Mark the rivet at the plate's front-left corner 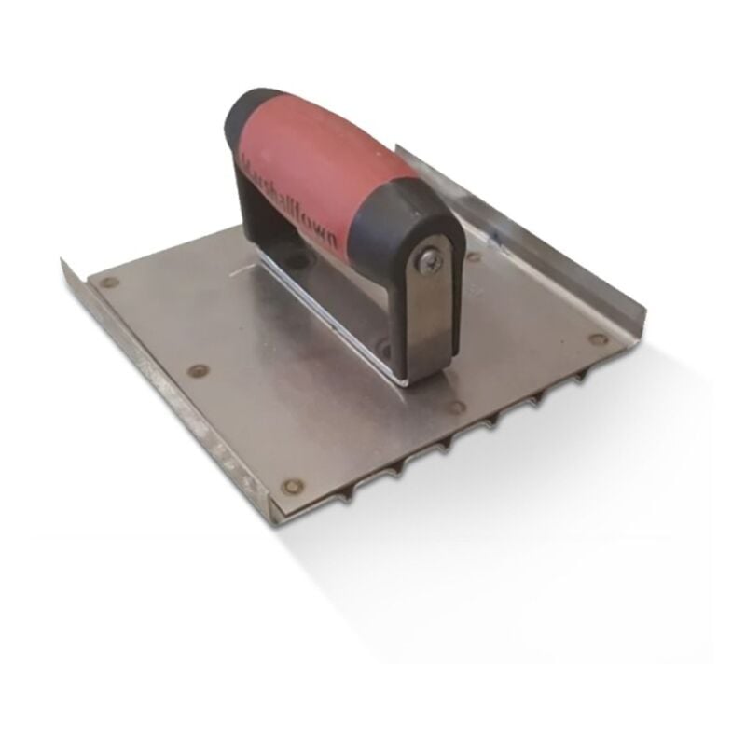pyautogui.click(x=292, y=486)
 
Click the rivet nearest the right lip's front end pyautogui.click(x=598, y=339)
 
